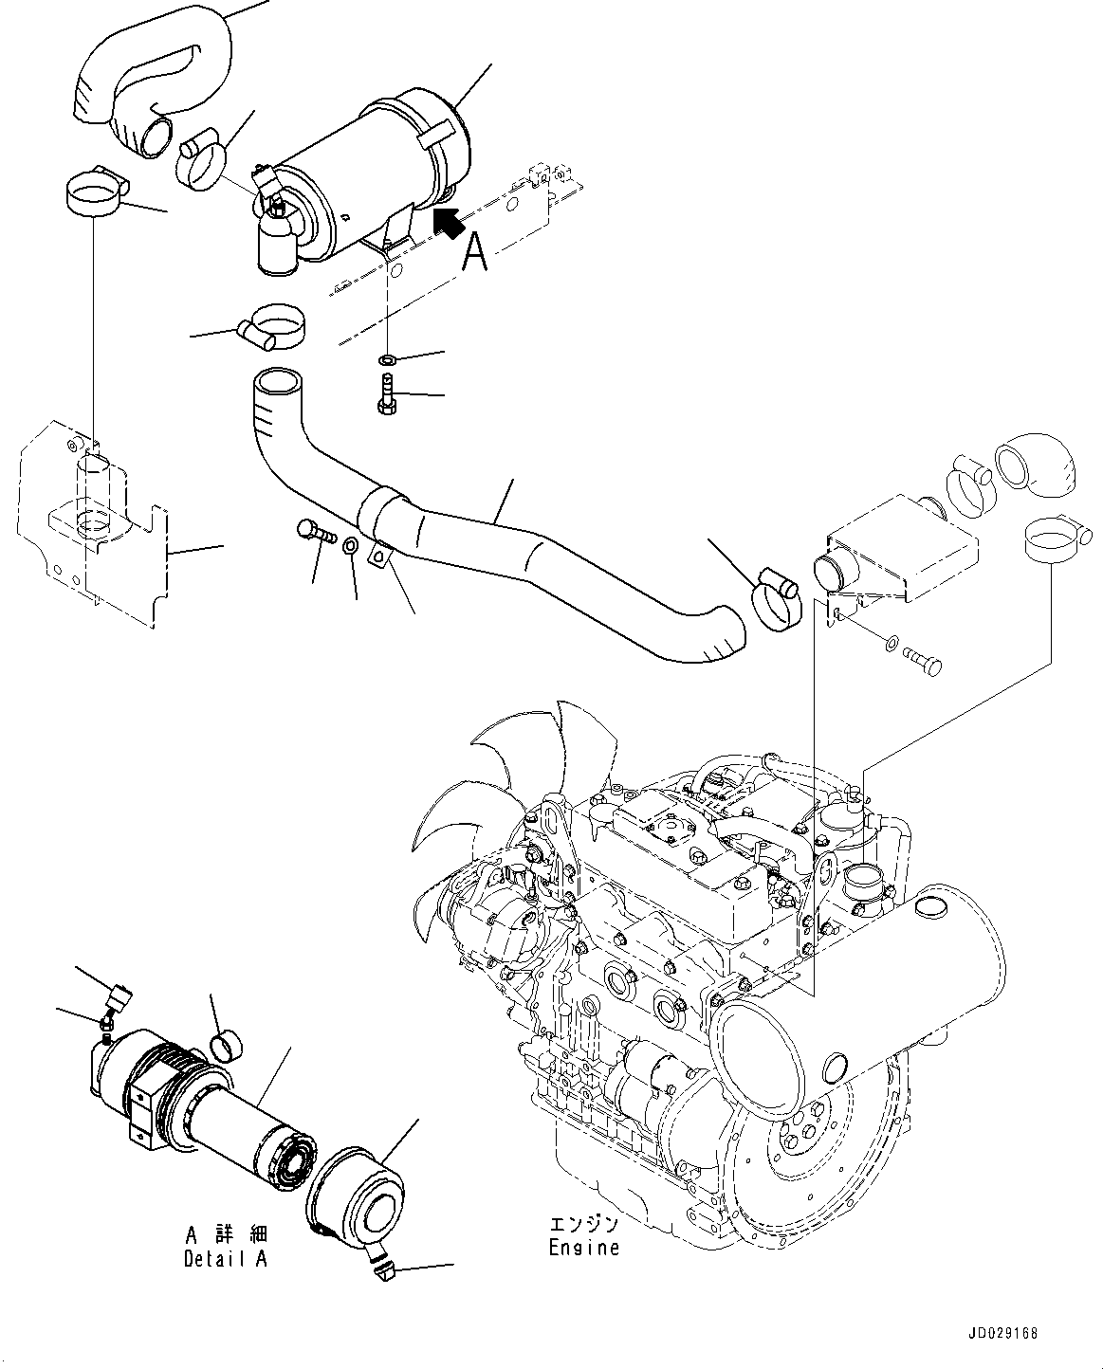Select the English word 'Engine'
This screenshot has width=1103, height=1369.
click(x=583, y=1248)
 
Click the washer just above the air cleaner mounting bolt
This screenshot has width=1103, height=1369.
click(x=388, y=361)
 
